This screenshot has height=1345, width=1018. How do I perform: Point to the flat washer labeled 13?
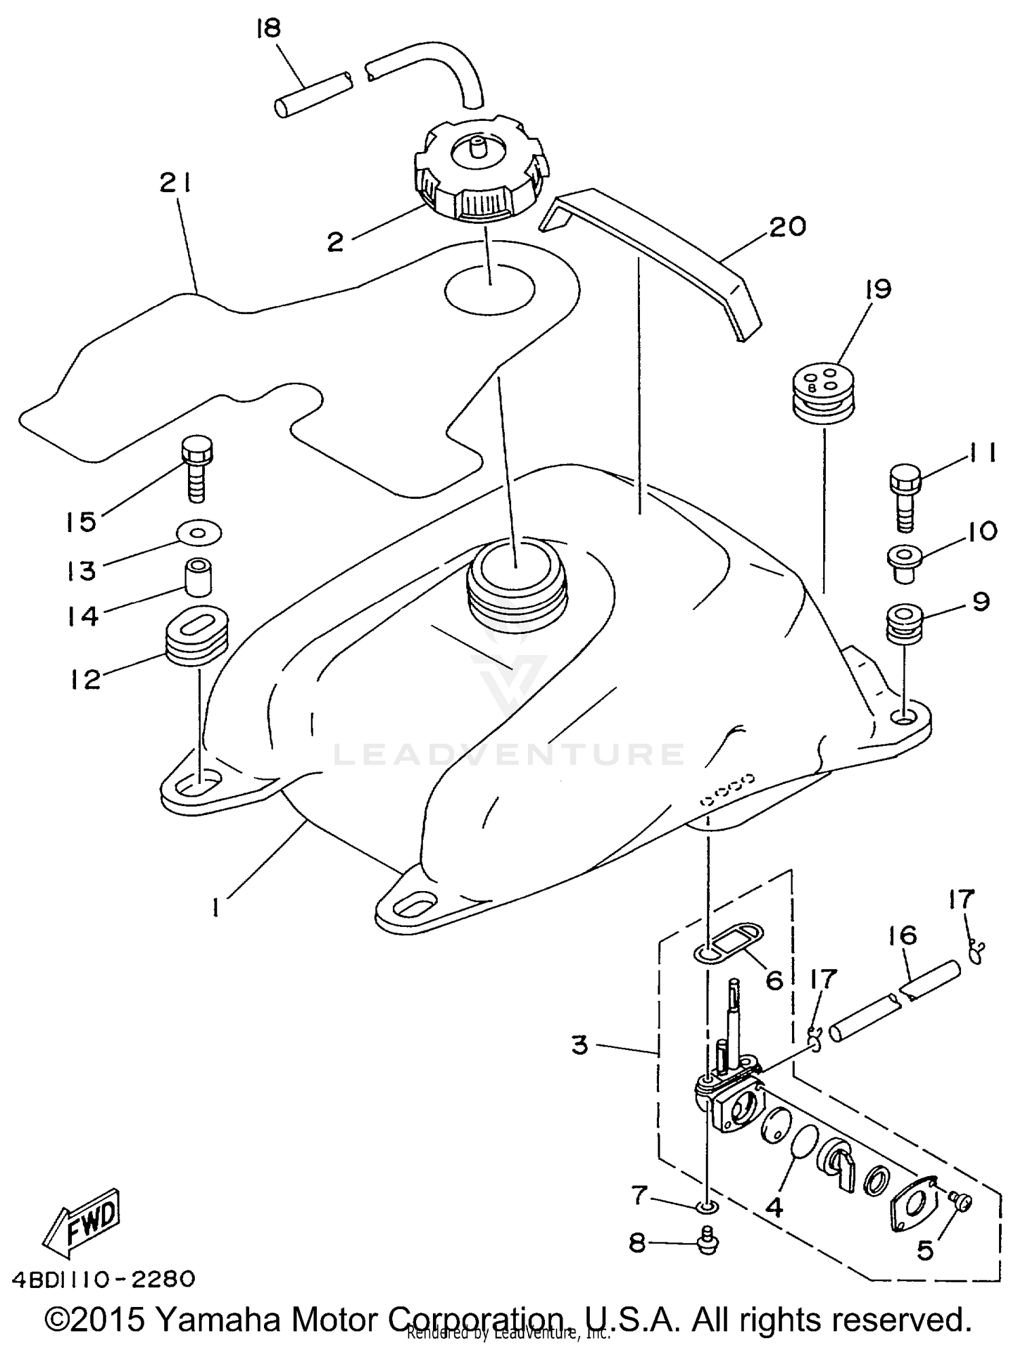198,533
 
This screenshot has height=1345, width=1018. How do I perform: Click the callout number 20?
787,227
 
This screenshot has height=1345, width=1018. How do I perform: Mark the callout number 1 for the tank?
216,907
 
